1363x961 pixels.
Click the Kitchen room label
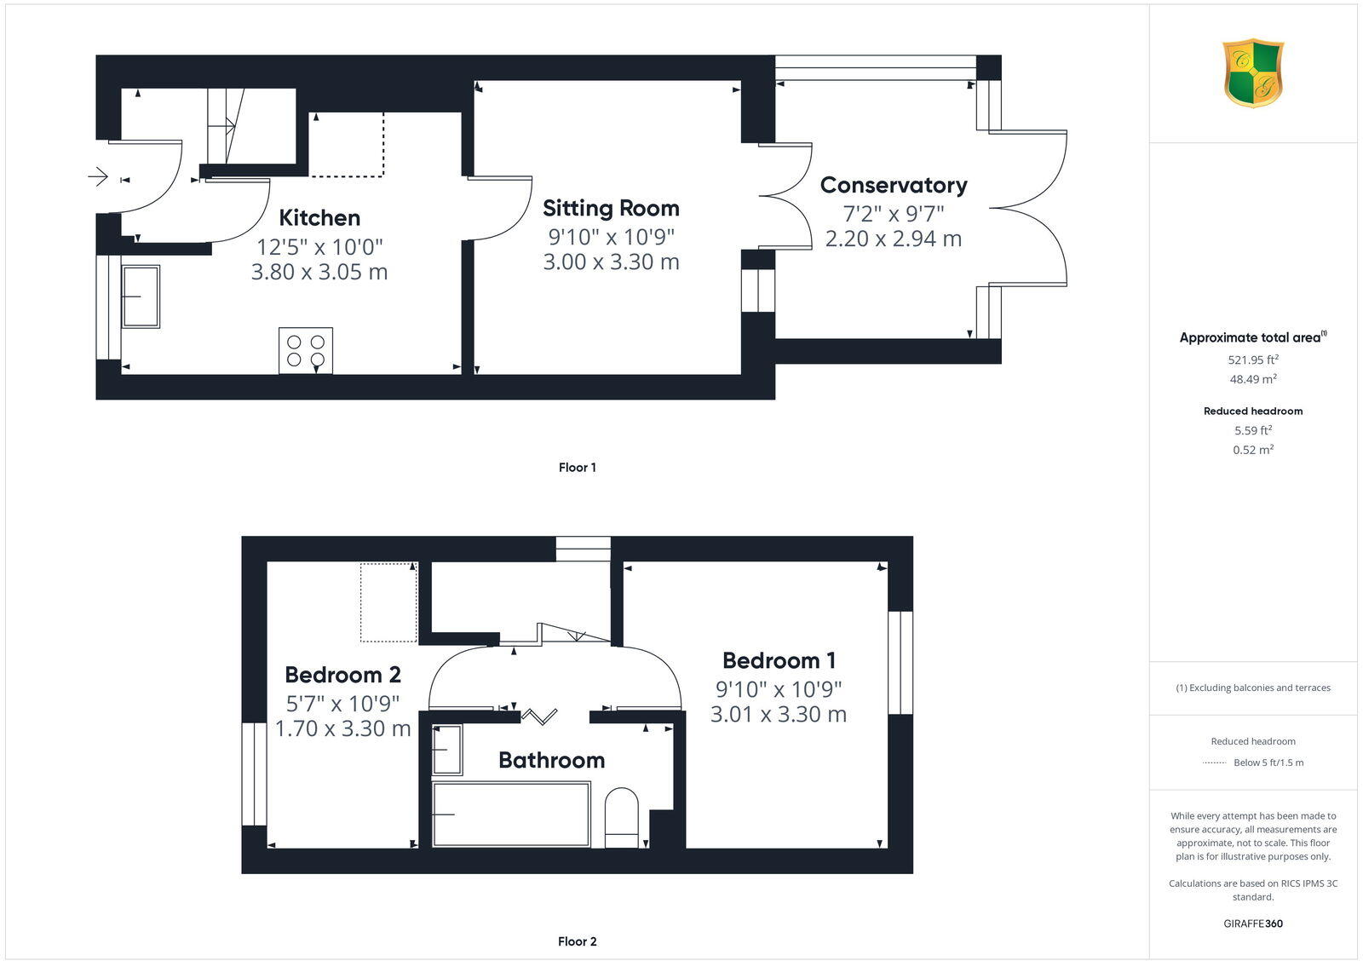(x=319, y=218)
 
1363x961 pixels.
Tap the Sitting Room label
(x=611, y=208)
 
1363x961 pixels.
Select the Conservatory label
(x=894, y=185)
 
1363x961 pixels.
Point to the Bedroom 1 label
(x=779, y=660)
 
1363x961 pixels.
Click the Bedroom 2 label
(x=342, y=675)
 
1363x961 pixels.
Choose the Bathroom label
(x=551, y=760)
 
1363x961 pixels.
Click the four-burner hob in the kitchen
(x=306, y=350)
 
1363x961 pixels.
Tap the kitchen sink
(x=141, y=296)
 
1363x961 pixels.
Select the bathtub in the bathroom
(x=510, y=814)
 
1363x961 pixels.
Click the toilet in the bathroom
(x=621, y=818)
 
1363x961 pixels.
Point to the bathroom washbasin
(x=447, y=749)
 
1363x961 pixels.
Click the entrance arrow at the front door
(x=98, y=176)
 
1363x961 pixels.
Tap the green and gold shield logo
(x=1253, y=73)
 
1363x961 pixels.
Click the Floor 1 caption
(x=577, y=468)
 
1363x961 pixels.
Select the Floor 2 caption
(x=577, y=941)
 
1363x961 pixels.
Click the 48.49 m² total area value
(x=1253, y=379)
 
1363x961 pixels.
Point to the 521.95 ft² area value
(x=1253, y=360)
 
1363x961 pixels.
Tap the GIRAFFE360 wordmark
(x=1253, y=924)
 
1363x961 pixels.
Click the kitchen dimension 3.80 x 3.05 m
(x=319, y=272)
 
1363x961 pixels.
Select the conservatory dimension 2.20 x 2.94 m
(x=894, y=239)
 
